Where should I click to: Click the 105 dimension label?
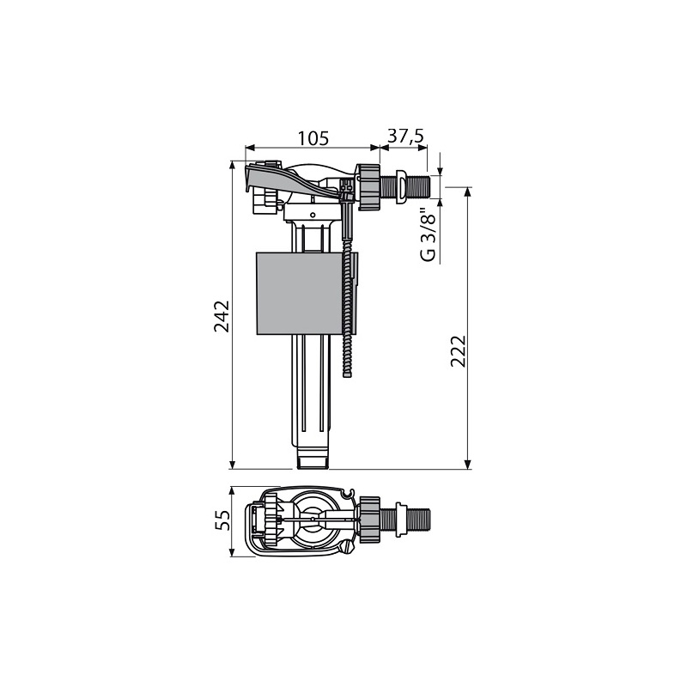[x=313, y=138]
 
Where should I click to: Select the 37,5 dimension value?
[x=405, y=137]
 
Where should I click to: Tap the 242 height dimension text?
[x=222, y=316]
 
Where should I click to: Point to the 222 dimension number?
[x=459, y=351]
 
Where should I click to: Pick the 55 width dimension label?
[x=222, y=520]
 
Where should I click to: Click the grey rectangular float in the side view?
[x=298, y=294]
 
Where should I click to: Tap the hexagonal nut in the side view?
[x=368, y=187]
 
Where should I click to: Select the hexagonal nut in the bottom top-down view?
[x=369, y=520]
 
